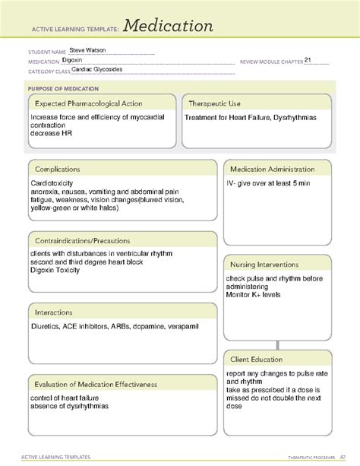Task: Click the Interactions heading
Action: tap(53, 312)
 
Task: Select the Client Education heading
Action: tap(257, 359)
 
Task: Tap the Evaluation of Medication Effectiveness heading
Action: tap(96, 384)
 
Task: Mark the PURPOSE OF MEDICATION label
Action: tap(66, 88)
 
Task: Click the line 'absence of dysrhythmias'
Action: tap(70, 407)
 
